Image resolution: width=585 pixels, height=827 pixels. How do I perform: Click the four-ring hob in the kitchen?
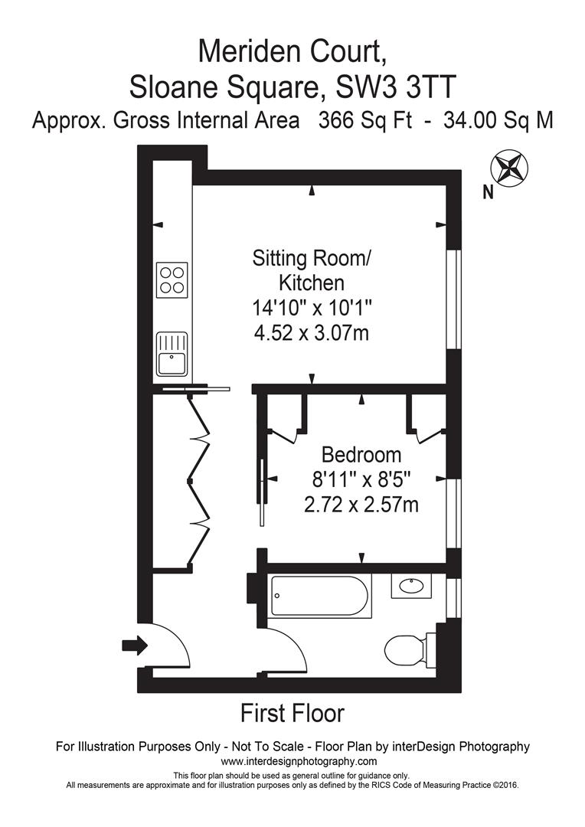[172, 280]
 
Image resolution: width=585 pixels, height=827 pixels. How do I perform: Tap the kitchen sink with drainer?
[172, 353]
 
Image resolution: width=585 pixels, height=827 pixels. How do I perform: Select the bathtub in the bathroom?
[320, 596]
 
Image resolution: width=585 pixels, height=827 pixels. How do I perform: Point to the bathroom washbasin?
[411, 586]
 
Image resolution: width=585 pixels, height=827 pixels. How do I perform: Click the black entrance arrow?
[135, 645]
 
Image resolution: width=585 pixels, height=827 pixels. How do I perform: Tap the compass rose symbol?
[509, 168]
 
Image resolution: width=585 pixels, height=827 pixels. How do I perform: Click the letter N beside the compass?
[489, 194]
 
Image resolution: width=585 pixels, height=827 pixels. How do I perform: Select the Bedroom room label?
[361, 454]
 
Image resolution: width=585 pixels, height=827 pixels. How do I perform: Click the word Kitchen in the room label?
[311, 283]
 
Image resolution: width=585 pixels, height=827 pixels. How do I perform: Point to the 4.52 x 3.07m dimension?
[311, 333]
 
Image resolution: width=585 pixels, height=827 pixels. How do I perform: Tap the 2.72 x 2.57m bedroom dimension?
[361, 505]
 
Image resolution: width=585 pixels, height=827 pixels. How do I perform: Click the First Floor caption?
[292, 713]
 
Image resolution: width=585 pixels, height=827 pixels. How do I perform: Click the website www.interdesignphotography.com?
[299, 761]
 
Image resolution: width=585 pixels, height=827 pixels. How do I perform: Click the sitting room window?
[453, 299]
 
